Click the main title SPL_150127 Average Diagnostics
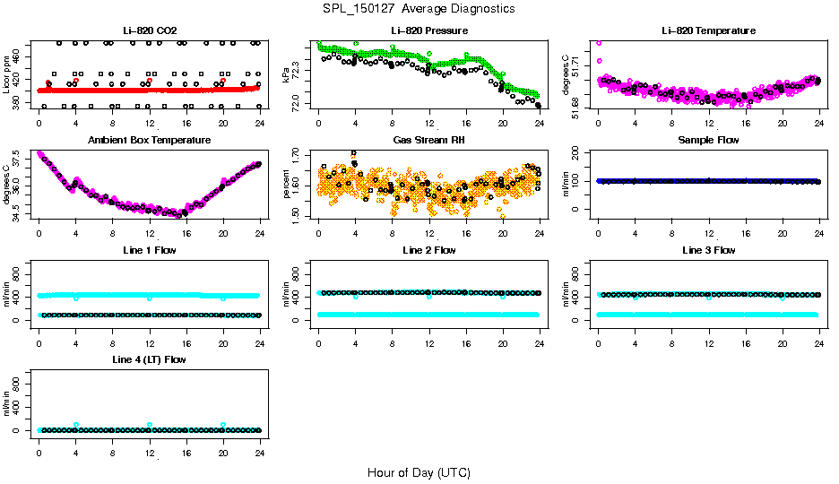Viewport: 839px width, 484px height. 419,8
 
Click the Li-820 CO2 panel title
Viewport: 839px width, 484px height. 149,31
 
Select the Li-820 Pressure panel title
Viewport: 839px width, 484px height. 428,31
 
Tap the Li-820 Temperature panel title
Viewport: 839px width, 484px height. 708,31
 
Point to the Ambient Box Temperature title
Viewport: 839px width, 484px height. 149,141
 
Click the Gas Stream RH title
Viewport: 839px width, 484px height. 428,141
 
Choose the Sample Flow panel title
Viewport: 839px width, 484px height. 708,141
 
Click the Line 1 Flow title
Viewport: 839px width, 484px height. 149,250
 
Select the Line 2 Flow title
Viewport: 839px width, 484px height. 428,250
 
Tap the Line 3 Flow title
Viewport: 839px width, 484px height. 708,250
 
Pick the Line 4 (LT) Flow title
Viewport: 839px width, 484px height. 149,359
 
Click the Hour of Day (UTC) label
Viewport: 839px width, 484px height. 419,472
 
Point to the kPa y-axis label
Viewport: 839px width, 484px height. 286,74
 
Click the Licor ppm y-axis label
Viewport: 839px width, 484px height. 6,74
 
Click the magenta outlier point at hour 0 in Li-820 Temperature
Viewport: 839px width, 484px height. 599,42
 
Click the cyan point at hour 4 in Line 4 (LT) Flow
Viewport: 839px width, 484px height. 76,425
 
